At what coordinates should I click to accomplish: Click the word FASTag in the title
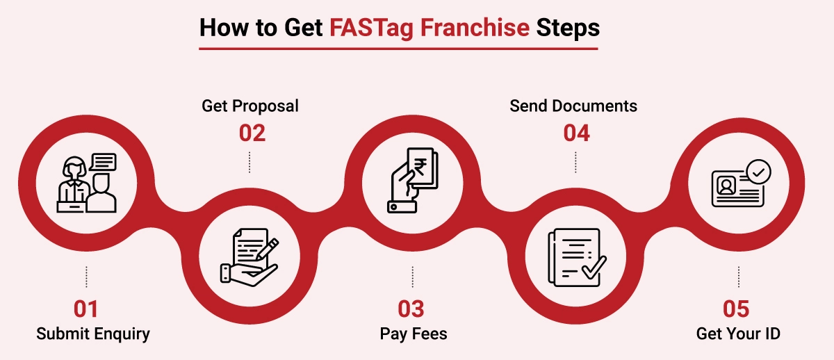pos(372,28)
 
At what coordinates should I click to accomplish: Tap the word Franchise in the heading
pos(475,28)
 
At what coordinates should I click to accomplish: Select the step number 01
pos(85,309)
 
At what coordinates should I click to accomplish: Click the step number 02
pos(252,133)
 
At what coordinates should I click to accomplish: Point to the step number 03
pos(411,309)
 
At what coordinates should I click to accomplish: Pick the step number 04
pos(576,133)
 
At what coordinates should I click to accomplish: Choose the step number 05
pos(736,309)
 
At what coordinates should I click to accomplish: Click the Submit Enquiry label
pos(93,334)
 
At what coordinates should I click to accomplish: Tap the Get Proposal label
pos(250,106)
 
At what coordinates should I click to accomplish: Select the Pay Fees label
pos(414,334)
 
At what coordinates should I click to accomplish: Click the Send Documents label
pos(573,106)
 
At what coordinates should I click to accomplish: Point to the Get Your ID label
pos(738,334)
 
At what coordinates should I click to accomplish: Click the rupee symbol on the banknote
pos(420,167)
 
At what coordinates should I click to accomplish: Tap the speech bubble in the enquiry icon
pos(103,162)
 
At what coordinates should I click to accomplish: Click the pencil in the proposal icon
pos(268,249)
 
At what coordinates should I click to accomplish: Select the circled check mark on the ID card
pos(758,172)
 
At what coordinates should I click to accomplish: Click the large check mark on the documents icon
pos(594,268)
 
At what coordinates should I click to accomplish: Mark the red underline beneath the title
pos(398,49)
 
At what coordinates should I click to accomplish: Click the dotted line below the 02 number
pos(250,162)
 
